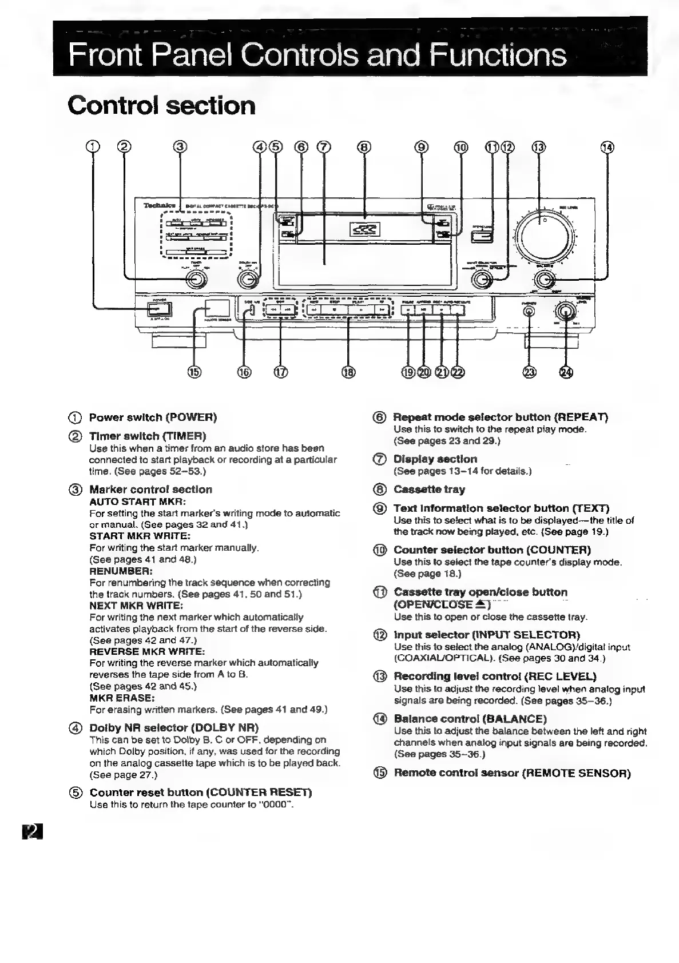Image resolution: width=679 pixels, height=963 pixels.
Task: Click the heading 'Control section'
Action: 161,106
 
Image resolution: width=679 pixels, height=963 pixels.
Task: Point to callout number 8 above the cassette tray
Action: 364,147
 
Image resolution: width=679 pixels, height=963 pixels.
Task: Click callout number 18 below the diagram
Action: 348,373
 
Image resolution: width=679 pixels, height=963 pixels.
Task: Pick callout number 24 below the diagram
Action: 566,373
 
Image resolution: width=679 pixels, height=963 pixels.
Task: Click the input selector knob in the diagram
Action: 482,280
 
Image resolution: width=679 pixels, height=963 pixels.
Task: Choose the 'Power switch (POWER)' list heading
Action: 153,417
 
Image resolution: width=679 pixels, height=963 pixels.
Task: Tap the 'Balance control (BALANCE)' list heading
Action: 470,719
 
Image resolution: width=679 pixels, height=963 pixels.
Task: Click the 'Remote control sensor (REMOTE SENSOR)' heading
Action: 512,773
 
